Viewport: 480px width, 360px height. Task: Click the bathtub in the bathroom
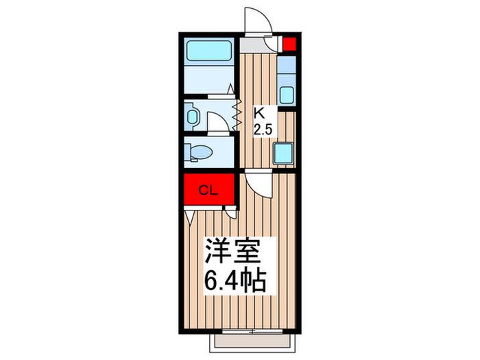coord(208,51)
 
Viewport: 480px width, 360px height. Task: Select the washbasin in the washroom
coord(192,117)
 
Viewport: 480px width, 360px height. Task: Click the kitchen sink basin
coord(287,95)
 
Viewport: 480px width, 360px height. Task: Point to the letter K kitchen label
coord(259,113)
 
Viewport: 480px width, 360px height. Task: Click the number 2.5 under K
coord(263,130)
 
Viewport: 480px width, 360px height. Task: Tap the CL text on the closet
coord(208,191)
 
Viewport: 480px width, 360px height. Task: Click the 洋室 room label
coord(232,251)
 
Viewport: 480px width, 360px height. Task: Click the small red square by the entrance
coord(289,44)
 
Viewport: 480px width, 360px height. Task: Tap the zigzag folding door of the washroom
coord(237,114)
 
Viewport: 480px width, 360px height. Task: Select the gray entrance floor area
coord(252,45)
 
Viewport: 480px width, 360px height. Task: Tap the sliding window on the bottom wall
coord(252,331)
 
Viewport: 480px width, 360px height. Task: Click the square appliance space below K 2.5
coord(283,154)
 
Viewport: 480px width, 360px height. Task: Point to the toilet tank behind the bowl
coord(188,152)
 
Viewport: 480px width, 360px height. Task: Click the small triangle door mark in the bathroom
coord(230,88)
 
